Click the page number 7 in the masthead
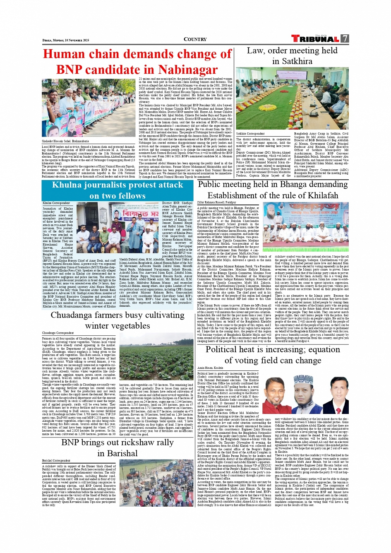[345, 38]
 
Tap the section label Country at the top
[195, 39]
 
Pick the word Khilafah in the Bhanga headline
[319, 195]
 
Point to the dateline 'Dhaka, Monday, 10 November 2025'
[65, 40]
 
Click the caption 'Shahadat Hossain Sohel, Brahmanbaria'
[65, 141]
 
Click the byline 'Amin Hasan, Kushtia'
[210, 368]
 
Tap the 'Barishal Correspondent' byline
[56, 460]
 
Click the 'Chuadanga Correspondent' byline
[58, 333]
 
